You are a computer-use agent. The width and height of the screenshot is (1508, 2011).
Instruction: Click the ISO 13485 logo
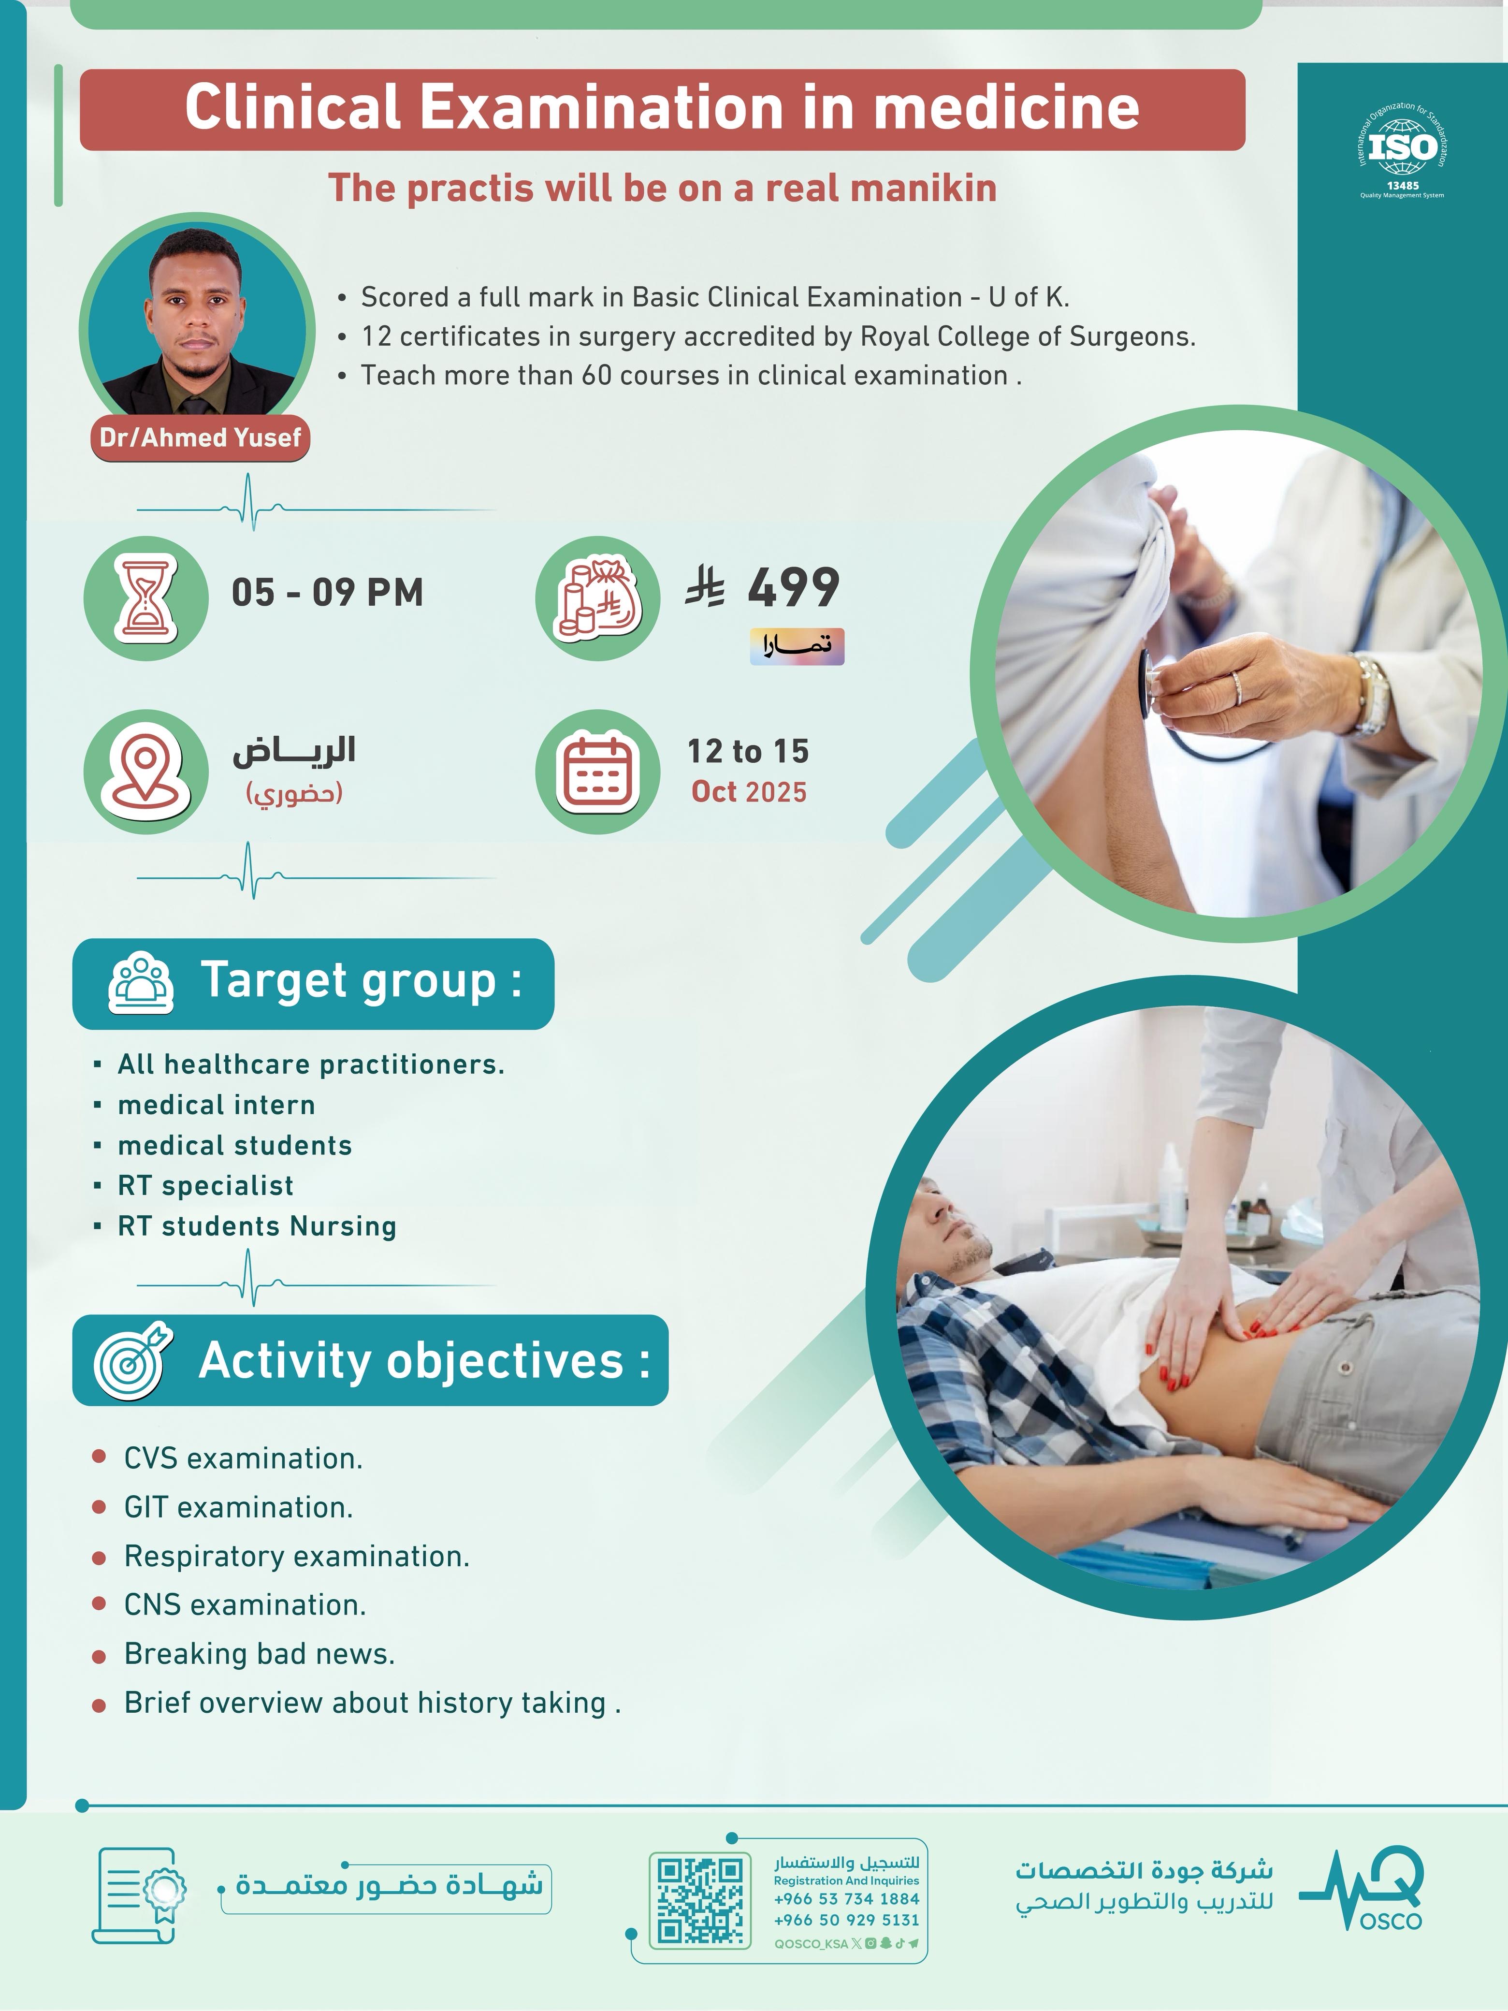click(x=1402, y=150)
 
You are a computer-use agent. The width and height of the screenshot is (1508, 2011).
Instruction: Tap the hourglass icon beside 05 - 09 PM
click(x=145, y=597)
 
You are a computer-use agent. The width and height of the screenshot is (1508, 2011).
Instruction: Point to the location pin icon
click(x=145, y=771)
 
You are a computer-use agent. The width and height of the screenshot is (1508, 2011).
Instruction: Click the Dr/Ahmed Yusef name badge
click(x=200, y=438)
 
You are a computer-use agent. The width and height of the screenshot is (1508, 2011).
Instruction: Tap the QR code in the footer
click(x=700, y=1900)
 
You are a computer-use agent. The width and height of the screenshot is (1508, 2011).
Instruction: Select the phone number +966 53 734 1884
click(x=846, y=1899)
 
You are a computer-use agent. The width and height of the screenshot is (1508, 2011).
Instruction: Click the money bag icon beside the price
click(x=597, y=597)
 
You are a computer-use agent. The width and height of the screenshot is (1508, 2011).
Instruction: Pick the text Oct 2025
click(x=749, y=792)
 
